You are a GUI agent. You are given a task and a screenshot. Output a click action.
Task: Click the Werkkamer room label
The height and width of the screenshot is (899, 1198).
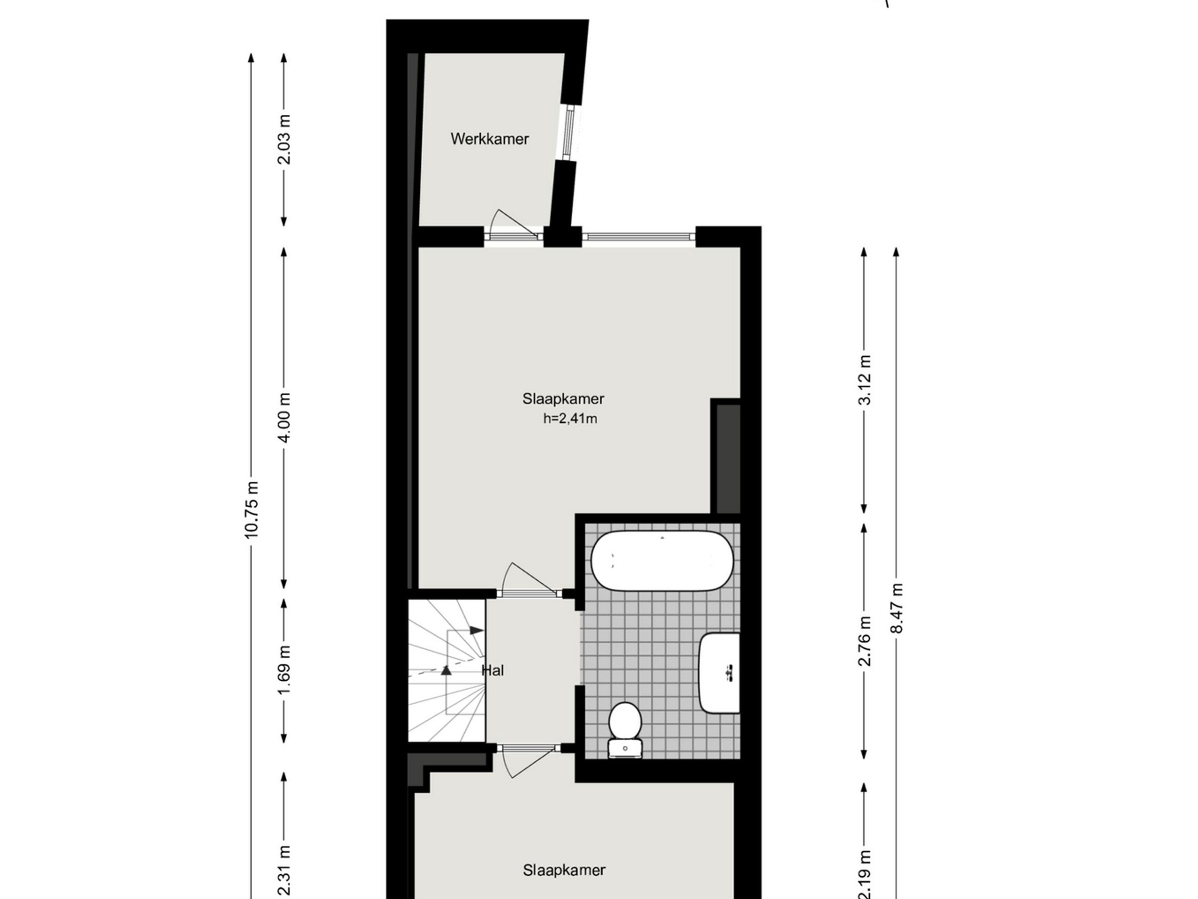[x=489, y=139]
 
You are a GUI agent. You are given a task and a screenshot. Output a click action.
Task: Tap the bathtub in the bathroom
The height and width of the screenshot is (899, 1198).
[x=662, y=561]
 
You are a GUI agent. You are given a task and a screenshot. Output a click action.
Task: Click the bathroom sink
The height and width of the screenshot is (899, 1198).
[x=720, y=672]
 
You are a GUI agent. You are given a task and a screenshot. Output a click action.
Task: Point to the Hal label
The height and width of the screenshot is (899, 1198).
[x=492, y=671]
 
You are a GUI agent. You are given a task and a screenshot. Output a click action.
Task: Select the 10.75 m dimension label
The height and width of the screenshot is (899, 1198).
[x=251, y=509]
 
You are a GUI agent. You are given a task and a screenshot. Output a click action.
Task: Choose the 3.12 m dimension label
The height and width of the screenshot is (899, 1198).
[x=864, y=379]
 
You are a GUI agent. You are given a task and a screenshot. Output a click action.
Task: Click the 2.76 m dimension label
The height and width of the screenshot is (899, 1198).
[x=864, y=641]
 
